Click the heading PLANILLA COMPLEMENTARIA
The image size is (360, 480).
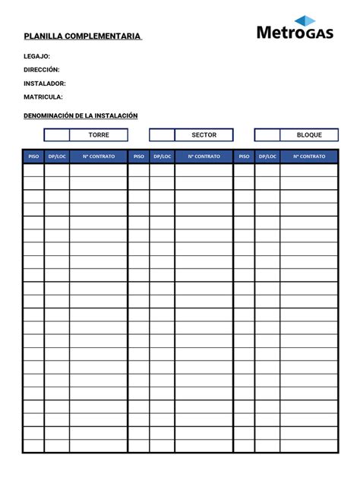point(82,36)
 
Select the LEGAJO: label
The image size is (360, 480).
point(36,56)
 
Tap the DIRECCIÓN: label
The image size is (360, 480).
point(42,70)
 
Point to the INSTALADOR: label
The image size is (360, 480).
point(44,84)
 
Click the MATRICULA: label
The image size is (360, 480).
point(43,97)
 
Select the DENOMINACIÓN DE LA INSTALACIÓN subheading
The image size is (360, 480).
point(81,115)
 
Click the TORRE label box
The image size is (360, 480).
point(99,135)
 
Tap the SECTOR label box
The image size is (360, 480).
point(204,135)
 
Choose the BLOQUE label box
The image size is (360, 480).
point(309,135)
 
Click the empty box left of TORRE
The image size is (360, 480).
point(56,135)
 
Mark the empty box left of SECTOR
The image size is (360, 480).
point(162,135)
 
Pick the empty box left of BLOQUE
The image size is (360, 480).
point(267,135)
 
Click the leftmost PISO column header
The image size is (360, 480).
point(33,156)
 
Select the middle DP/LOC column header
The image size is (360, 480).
point(162,156)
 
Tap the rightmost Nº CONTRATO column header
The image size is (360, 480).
point(309,156)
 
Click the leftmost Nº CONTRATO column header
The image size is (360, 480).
point(99,156)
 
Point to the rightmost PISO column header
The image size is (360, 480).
point(244,156)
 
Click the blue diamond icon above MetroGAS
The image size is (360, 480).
point(305,21)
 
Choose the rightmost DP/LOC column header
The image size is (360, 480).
point(267,156)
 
